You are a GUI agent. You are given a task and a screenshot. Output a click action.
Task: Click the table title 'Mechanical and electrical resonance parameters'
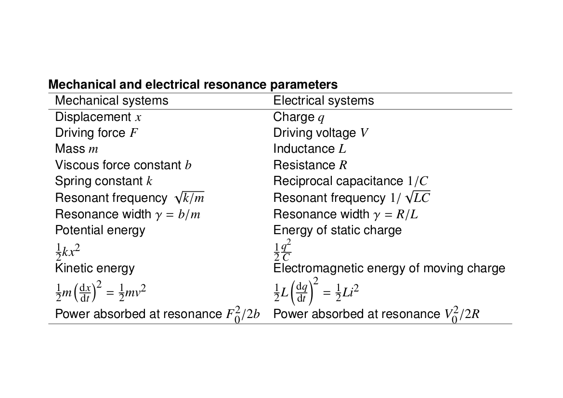(193, 84)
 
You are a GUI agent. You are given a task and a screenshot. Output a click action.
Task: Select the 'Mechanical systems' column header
(112, 101)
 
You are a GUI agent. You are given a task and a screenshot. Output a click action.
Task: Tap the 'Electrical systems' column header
(324, 101)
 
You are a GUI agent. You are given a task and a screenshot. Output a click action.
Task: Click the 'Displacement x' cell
(98, 117)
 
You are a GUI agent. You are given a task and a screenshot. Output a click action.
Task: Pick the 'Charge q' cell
(299, 118)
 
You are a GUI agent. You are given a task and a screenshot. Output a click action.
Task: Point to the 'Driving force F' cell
(96, 133)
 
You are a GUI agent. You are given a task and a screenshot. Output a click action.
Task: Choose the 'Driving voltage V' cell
(321, 133)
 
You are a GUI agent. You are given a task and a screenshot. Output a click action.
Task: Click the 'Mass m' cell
(77, 149)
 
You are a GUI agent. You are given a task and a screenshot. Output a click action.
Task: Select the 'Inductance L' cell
(310, 149)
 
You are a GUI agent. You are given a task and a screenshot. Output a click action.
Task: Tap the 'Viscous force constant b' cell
(123, 165)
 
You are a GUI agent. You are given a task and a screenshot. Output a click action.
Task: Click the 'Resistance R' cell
(310, 165)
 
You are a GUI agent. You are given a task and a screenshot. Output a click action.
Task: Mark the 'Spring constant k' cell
(104, 181)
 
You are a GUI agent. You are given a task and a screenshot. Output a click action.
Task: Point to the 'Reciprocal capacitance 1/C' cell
(351, 181)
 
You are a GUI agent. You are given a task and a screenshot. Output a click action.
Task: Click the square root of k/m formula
(189, 198)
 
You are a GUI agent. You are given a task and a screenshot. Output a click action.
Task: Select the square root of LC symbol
(417, 197)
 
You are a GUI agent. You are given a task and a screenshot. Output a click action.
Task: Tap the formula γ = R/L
(395, 214)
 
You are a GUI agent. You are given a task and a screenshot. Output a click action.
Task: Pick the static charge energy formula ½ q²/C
(282, 251)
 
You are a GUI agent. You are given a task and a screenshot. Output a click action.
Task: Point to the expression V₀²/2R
(462, 314)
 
